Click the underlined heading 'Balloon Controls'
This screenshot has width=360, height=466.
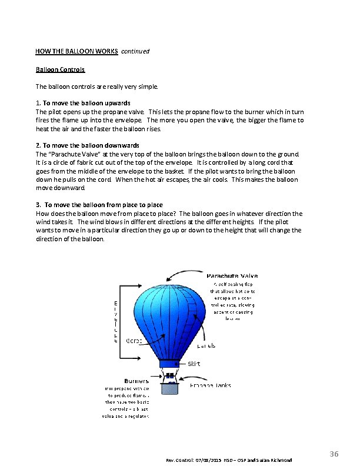click(x=60, y=69)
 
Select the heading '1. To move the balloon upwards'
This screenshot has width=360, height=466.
click(x=87, y=103)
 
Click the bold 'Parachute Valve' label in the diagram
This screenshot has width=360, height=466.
click(x=232, y=275)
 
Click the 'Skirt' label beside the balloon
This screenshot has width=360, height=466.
click(x=194, y=364)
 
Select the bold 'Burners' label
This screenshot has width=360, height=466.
click(x=136, y=381)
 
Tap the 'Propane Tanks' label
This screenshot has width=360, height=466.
click(x=211, y=385)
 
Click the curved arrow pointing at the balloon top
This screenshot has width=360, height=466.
click(x=185, y=273)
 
